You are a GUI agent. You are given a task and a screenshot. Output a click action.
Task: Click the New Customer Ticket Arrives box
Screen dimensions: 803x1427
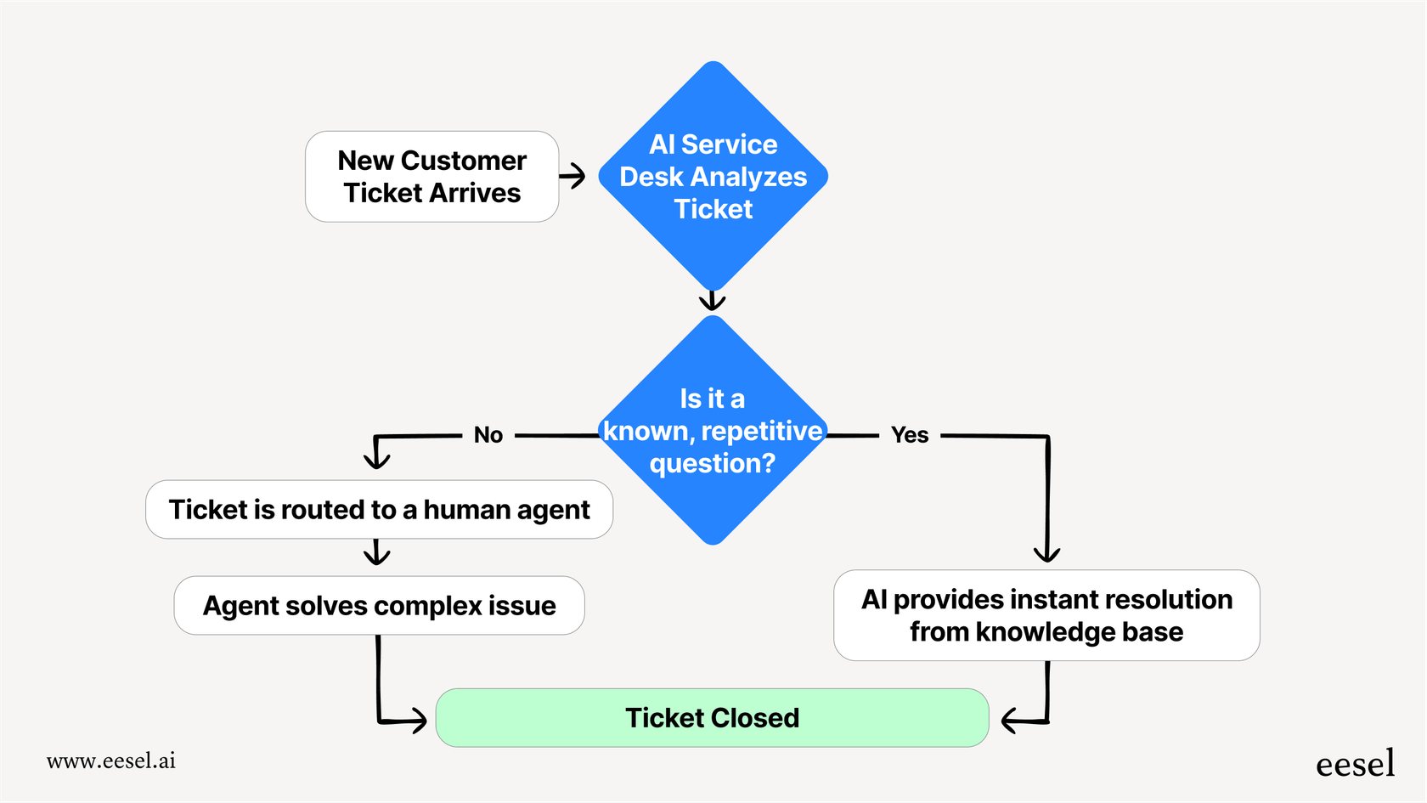click(x=431, y=177)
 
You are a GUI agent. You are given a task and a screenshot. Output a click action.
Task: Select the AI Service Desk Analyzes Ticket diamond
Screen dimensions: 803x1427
click(x=713, y=177)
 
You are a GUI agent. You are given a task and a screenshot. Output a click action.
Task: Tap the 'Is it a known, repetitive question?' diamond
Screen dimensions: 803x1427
click(x=713, y=431)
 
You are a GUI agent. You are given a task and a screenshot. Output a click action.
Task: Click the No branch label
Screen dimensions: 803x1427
click(x=488, y=435)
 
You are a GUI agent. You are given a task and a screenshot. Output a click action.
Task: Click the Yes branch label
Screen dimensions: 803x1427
click(x=910, y=435)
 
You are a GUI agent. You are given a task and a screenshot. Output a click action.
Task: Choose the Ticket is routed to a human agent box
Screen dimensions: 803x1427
click(x=379, y=510)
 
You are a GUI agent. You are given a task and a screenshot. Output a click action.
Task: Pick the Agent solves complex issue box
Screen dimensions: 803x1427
click(x=379, y=606)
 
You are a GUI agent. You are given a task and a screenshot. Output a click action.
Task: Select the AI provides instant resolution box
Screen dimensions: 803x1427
click(x=1046, y=615)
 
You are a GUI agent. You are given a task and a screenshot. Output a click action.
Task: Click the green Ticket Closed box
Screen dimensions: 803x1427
click(x=712, y=718)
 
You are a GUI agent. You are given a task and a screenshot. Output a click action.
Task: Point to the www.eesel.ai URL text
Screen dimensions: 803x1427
click(x=111, y=761)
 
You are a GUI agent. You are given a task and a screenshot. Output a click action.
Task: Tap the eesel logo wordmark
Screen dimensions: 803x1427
click(x=1355, y=764)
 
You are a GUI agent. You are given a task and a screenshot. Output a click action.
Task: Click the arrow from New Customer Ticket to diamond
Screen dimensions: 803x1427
click(x=573, y=176)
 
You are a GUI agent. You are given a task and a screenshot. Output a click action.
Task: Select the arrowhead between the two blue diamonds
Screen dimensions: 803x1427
click(x=712, y=302)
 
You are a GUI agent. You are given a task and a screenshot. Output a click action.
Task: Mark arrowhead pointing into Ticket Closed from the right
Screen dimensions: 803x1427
click(x=1011, y=721)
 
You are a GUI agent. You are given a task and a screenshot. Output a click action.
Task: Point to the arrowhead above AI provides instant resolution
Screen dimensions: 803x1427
click(x=1046, y=554)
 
